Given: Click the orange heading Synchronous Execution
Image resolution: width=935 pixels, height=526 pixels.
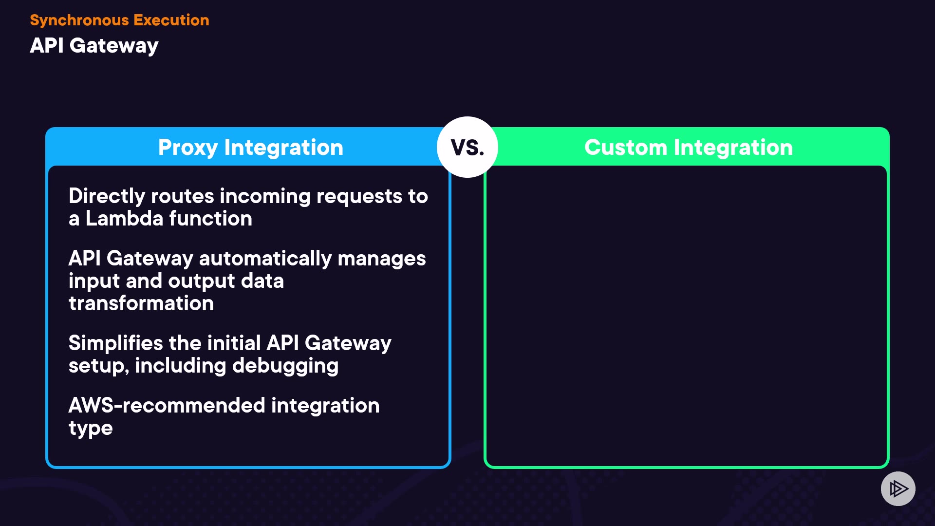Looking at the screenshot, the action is (119, 20).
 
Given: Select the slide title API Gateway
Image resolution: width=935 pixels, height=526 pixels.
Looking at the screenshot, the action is (94, 46).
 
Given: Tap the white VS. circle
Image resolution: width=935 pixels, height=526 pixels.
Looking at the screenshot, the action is (467, 147).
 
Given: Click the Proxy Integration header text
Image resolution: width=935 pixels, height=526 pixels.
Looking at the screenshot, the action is (251, 148).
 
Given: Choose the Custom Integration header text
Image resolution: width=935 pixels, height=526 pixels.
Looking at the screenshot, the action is (689, 148).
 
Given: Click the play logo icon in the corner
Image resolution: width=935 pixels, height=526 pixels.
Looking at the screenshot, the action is (898, 488).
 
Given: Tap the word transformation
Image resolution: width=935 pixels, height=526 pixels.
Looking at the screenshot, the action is (141, 303).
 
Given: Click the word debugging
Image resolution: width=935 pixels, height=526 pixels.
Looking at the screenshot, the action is (285, 366).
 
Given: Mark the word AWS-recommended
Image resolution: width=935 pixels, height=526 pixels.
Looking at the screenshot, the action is (167, 405).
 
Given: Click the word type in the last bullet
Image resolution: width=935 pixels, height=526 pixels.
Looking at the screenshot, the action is (91, 429).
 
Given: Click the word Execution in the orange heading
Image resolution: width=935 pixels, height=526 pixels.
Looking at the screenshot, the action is (171, 20).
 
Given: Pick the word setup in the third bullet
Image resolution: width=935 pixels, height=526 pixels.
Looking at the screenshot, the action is (99, 366).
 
